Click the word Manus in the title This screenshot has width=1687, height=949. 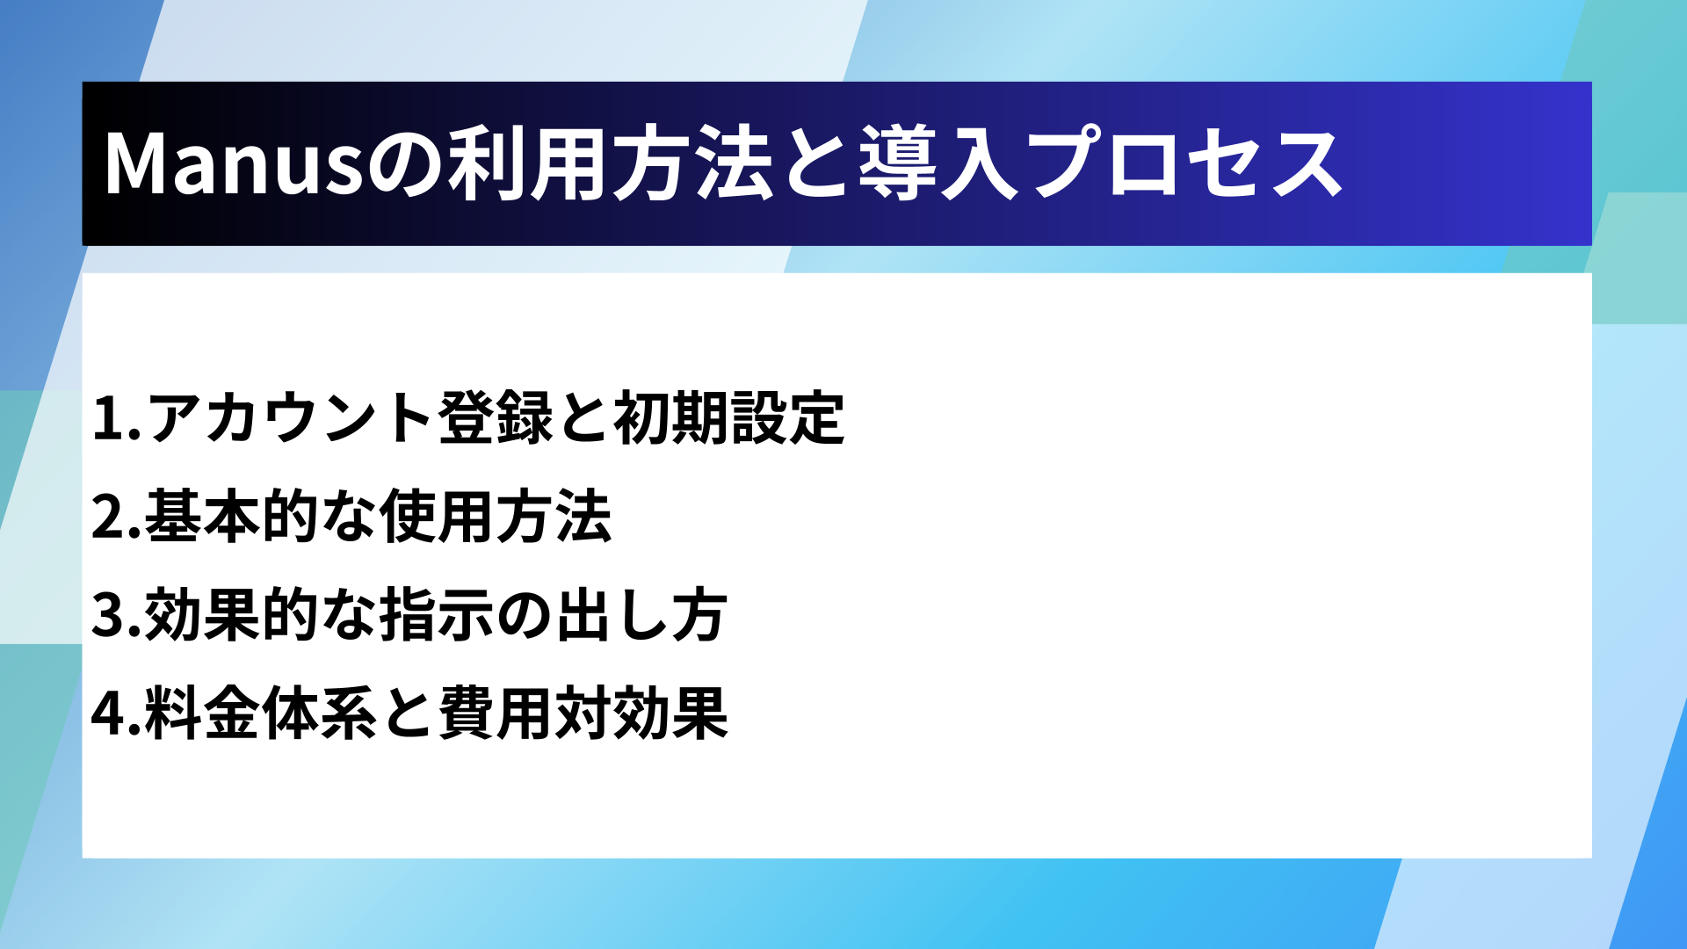[234, 163]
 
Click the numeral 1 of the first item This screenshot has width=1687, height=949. [110, 417]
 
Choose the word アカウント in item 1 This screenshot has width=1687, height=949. [290, 417]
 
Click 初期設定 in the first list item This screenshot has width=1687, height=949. [729, 417]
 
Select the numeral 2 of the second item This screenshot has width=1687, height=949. [110, 517]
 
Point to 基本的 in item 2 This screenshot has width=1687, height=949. [231, 516]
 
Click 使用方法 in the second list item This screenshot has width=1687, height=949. [496, 516]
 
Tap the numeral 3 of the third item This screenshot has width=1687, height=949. [110, 615]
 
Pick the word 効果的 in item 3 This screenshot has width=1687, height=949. [231, 614]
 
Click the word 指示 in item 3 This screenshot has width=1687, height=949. [438, 614]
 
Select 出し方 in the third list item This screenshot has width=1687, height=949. [641, 614]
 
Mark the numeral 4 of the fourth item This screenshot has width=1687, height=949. [110, 714]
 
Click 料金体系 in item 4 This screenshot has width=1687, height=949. [261, 713]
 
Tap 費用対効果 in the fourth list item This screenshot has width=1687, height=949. [583, 713]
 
